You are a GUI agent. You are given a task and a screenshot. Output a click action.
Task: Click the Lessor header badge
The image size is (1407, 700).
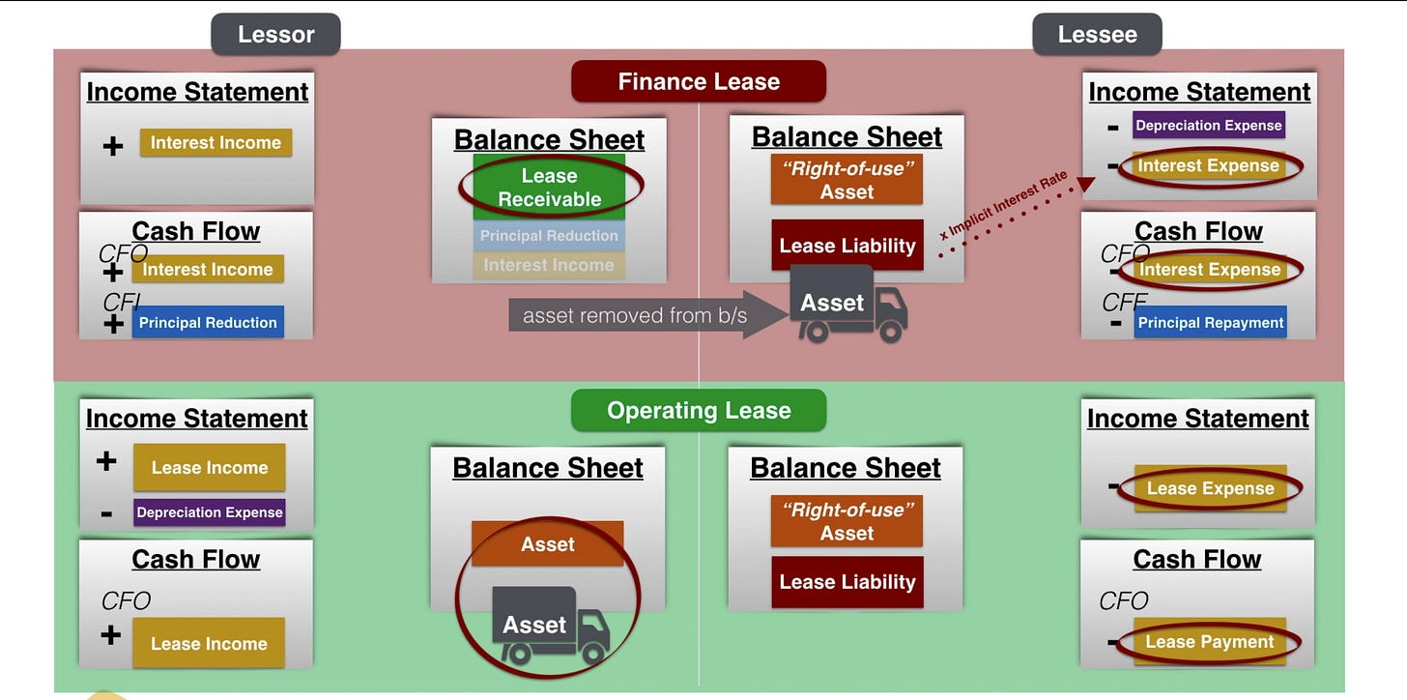(275, 35)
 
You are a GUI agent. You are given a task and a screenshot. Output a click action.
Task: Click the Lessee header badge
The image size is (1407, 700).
(1097, 35)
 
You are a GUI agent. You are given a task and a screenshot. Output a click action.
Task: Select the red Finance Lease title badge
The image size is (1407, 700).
(699, 81)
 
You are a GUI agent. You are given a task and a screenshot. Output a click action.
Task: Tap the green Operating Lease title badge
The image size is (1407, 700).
(699, 410)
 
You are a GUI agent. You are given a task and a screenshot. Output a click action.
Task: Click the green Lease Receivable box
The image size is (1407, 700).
(549, 188)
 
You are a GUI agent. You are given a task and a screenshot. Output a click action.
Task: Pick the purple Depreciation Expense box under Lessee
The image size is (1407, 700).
(1209, 125)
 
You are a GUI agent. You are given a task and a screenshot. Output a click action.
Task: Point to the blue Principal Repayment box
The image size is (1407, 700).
(1211, 323)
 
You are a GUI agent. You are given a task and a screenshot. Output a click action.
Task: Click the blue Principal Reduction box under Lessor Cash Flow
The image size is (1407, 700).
(208, 323)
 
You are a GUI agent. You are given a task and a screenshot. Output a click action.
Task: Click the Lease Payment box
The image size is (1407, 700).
(1210, 642)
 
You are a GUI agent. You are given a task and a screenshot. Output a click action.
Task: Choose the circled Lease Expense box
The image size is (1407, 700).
(1210, 488)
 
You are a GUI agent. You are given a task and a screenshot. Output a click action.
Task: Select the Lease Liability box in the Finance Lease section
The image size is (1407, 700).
(847, 246)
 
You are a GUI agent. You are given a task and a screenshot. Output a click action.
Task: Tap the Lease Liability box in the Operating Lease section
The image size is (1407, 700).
(847, 582)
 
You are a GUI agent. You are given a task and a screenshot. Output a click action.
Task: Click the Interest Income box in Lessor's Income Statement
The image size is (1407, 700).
(215, 142)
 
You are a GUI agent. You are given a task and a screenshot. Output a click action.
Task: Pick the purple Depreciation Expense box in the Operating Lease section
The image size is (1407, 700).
(210, 512)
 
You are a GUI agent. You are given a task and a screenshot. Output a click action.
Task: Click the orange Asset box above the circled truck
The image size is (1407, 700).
(548, 544)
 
